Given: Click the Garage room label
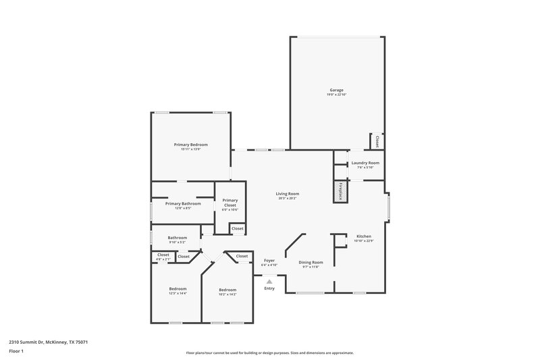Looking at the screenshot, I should [x=336, y=90].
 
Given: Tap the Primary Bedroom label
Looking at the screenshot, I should [x=190, y=145].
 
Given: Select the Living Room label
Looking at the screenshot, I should [x=288, y=194].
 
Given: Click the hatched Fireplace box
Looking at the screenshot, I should [x=342, y=191].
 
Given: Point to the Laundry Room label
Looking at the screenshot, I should [x=364, y=163].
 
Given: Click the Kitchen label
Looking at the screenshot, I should [x=364, y=236].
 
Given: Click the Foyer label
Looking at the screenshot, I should [x=269, y=259].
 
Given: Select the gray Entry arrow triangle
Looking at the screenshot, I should [x=269, y=282].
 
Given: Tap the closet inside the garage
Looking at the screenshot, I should [x=377, y=142].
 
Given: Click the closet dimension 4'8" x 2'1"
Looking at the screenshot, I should [x=163, y=259].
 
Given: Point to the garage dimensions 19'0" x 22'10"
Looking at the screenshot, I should [x=336, y=95].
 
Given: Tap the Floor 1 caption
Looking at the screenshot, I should [x=16, y=351].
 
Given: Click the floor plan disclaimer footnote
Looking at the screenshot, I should [x=269, y=353].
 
